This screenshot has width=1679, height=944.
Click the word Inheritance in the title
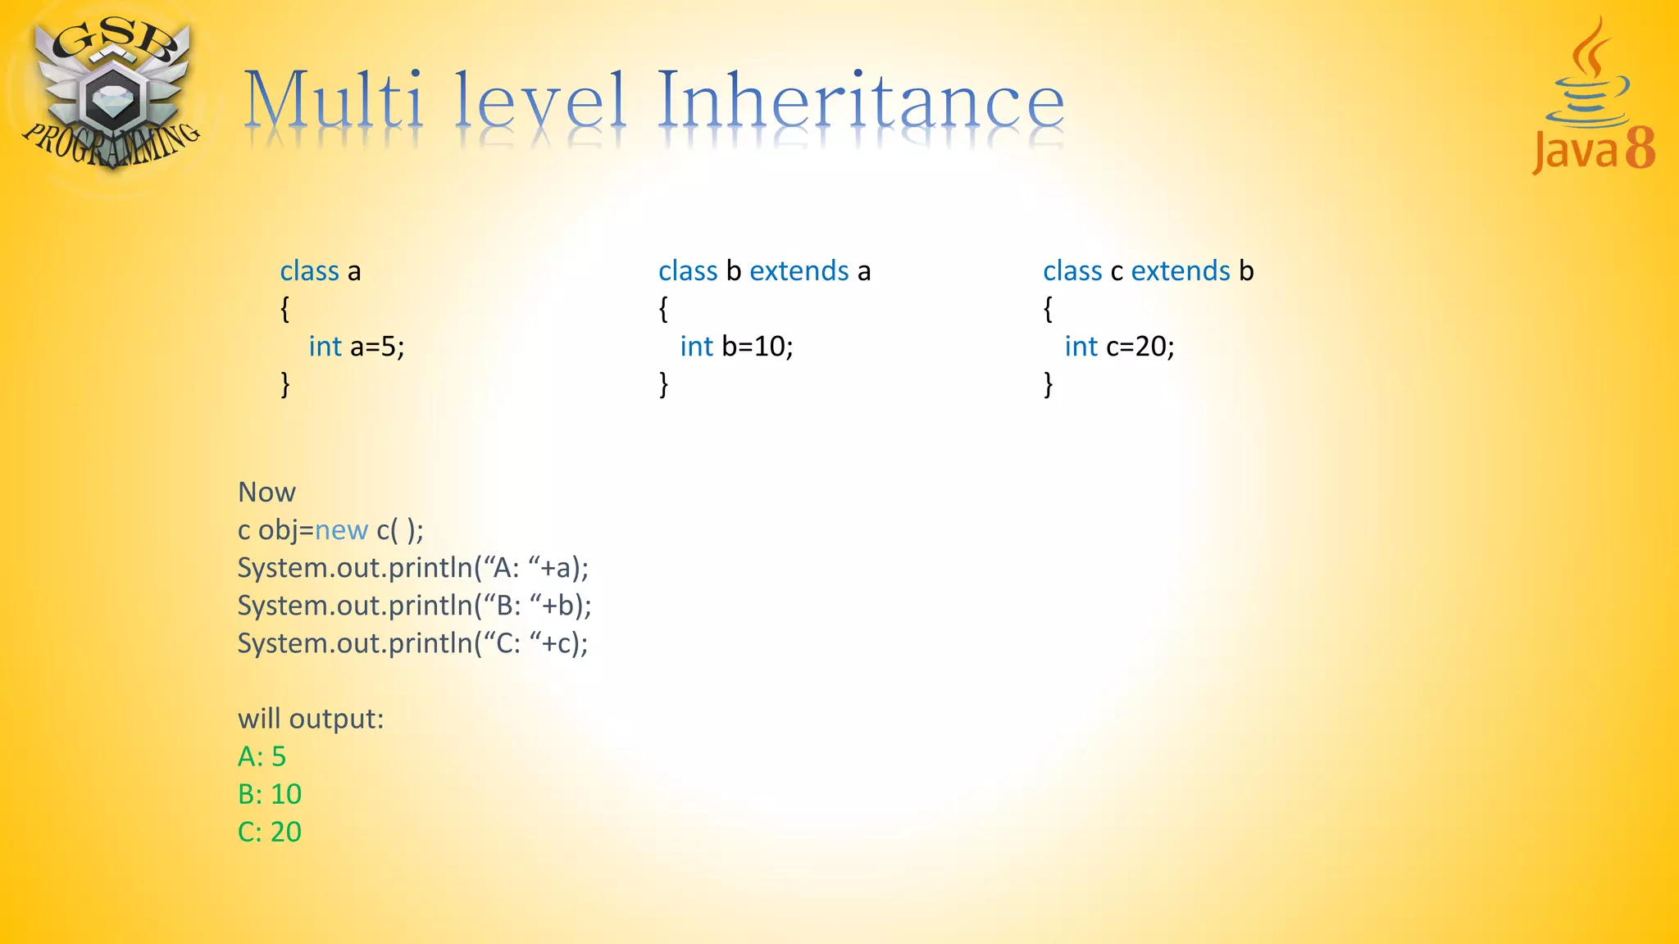pos(861,102)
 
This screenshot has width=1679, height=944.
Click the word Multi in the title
pos(334,102)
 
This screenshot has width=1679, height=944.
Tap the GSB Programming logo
pos(111,94)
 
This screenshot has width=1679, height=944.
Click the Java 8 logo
pos(1593,98)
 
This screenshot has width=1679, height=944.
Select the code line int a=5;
pos(357,347)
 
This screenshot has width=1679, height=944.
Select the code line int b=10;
pos(736,347)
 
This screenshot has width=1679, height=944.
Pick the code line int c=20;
pos(1119,347)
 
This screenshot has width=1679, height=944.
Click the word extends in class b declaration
pos(799,271)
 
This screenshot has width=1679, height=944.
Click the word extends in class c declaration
pos(1181,271)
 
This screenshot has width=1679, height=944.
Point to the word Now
pos(266,492)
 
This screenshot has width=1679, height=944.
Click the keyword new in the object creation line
pos(341,531)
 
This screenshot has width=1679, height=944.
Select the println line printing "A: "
pos(413,568)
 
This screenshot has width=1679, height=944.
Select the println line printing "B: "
pos(415,606)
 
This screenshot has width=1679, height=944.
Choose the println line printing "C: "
pos(413,643)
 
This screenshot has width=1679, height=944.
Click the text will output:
pos(311,719)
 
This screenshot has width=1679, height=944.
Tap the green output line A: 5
pos(262,756)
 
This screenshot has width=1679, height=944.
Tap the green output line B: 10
pos(270,794)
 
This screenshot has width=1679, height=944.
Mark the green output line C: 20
pos(270,832)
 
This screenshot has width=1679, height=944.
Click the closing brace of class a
pos(285,383)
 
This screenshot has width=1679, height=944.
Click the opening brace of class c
pos(1048,309)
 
